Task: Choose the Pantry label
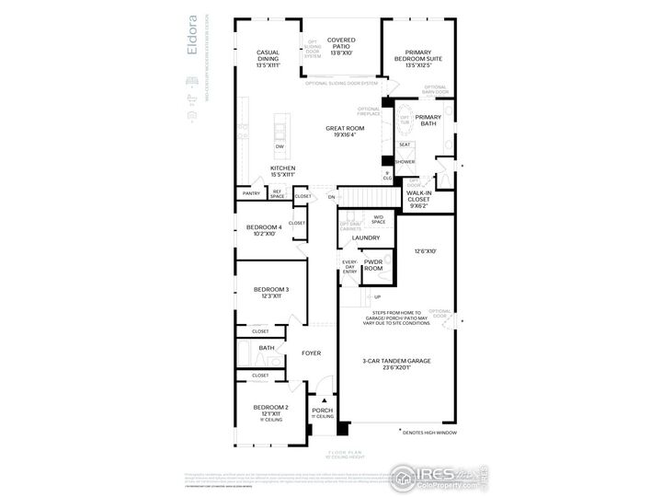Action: click(250, 193)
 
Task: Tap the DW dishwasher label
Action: click(280, 146)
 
